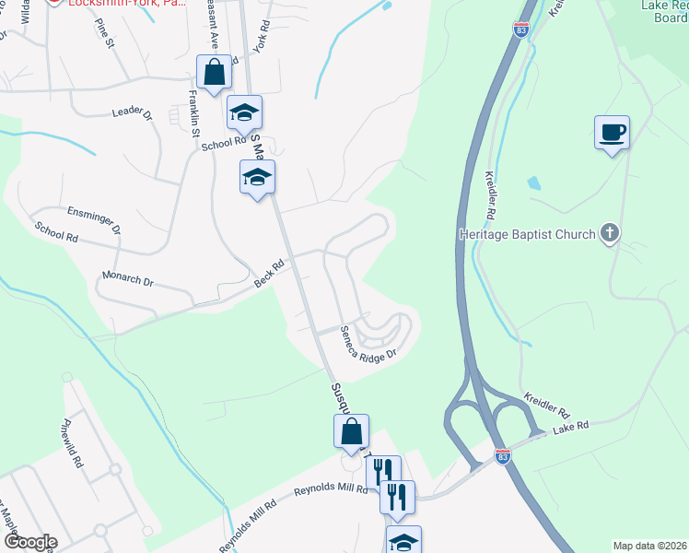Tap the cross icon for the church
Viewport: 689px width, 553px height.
[x=608, y=233]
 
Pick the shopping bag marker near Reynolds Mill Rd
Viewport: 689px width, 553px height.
[x=351, y=431]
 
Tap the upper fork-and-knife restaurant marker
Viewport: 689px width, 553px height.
[x=383, y=472]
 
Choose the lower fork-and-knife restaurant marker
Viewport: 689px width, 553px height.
[x=397, y=497]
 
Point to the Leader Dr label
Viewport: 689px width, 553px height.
[x=131, y=112]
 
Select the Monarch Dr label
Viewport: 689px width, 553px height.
[x=128, y=279]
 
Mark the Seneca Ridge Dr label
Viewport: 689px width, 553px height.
[x=368, y=344]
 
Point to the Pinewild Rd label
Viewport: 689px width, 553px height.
[x=73, y=444]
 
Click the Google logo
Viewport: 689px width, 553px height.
[x=29, y=542]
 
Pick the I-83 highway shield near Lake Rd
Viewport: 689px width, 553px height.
[x=502, y=456]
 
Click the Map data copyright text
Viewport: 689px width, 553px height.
[x=650, y=546]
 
